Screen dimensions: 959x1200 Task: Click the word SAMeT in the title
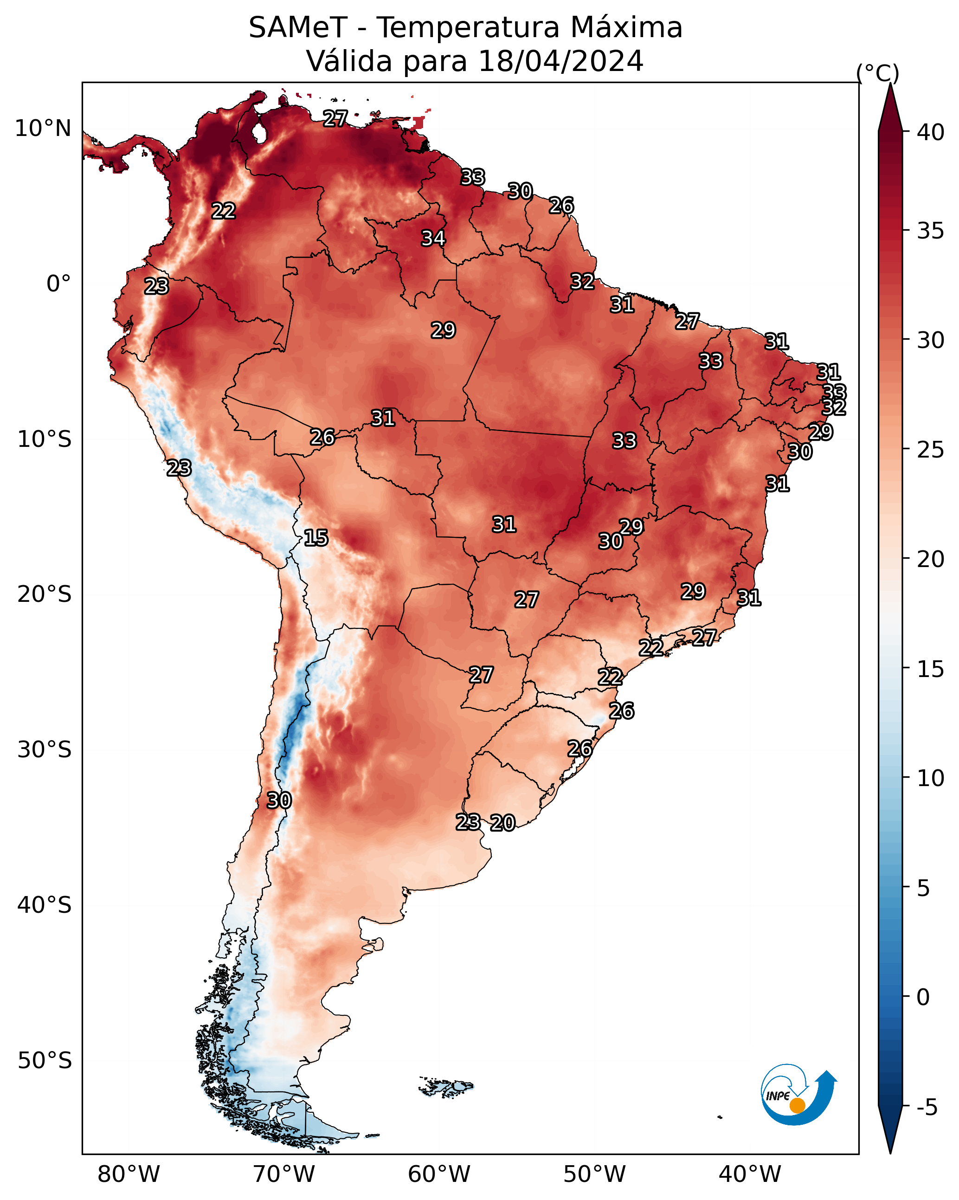click(x=298, y=27)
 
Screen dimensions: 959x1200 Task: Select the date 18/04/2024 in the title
click(x=561, y=61)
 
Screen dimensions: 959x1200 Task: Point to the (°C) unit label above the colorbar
click(x=878, y=73)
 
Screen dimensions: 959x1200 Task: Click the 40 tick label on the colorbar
click(x=931, y=132)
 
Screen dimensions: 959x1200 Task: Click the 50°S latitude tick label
click(x=45, y=1061)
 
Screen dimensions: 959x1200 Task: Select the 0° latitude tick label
click(x=59, y=284)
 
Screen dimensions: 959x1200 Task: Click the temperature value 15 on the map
click(x=316, y=538)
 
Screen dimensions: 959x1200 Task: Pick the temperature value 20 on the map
click(x=503, y=823)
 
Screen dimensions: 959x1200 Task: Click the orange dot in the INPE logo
click(x=798, y=1105)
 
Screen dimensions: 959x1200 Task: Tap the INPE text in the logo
click(x=778, y=1096)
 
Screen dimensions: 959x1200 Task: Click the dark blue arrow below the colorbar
click(x=890, y=1130)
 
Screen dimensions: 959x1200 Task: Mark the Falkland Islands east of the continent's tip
click(x=446, y=1086)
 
